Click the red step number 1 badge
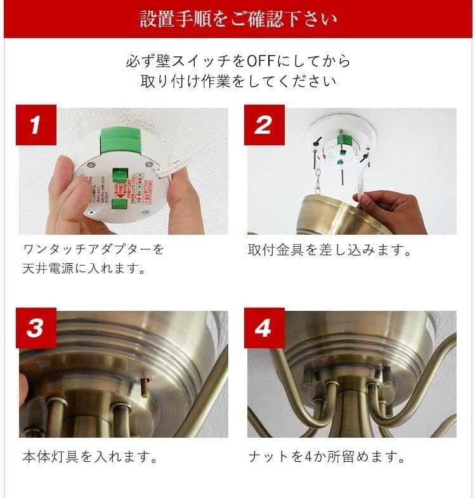point(36,125)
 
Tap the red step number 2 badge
point(264,125)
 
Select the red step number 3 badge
point(36,328)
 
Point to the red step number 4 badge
point(264,328)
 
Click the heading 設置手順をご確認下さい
point(238,19)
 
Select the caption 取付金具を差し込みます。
point(329,251)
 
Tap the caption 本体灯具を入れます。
point(90,457)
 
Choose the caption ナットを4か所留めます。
point(327,457)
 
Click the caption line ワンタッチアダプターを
point(93,249)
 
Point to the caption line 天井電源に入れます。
point(84,269)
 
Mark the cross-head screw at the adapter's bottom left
point(91,211)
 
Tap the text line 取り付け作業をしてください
point(238,81)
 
